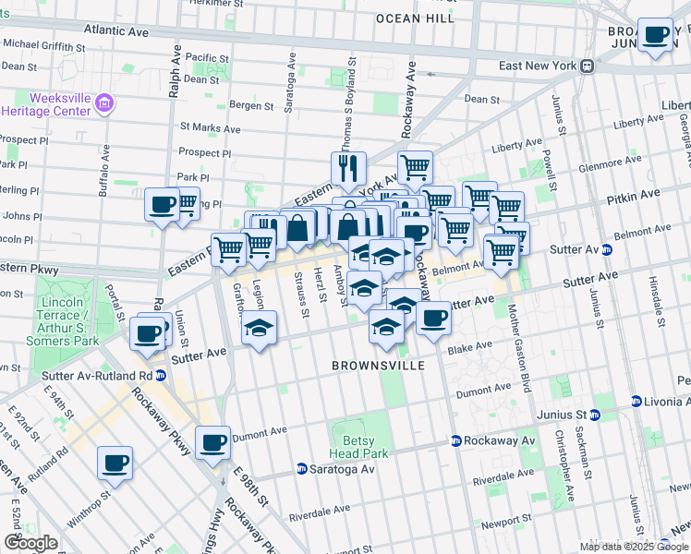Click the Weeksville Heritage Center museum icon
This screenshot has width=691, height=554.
coord(104,102)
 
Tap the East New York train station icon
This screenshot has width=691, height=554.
coord(586,66)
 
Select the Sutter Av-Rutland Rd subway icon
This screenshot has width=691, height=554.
coord(161,376)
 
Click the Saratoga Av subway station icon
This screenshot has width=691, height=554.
coord(301,469)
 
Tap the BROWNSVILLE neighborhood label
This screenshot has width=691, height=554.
coord(379,366)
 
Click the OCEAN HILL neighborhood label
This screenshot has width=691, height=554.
coord(415,18)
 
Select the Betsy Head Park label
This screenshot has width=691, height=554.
coord(358,447)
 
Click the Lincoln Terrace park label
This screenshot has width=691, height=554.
coord(67,321)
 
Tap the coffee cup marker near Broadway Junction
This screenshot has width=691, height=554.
coord(656,35)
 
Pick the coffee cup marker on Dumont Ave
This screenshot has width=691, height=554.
coord(213,442)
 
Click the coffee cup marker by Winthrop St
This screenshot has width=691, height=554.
coord(115,463)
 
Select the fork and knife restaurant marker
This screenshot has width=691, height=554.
coord(348,168)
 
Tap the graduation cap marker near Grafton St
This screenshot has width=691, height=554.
coord(260,329)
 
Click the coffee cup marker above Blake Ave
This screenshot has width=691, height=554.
coord(433,319)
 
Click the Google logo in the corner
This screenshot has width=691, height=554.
coord(30,543)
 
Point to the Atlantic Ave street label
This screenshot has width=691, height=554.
coord(115,30)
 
